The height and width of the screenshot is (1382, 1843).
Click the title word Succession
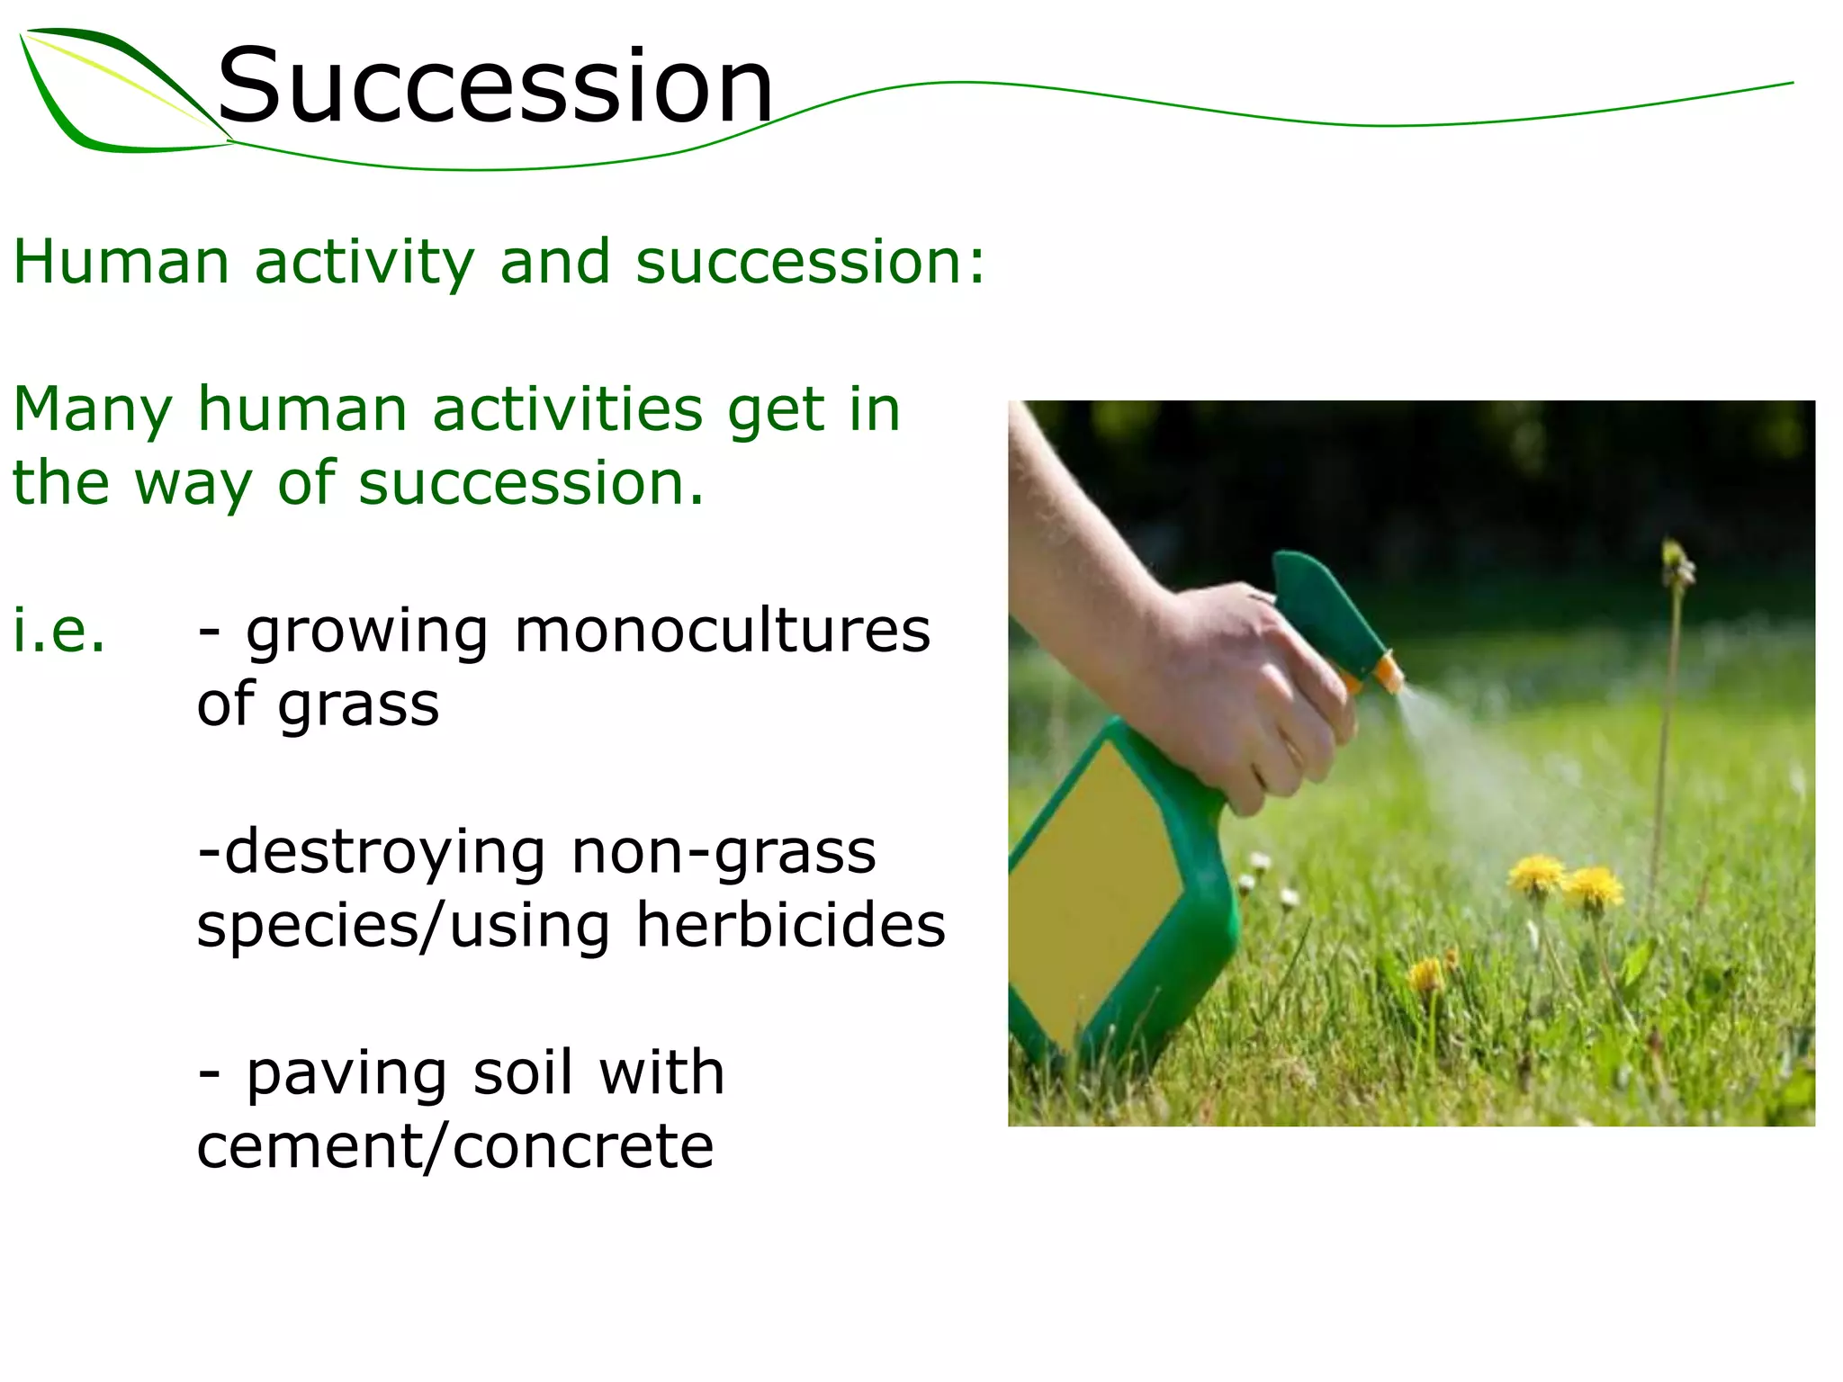click(x=495, y=86)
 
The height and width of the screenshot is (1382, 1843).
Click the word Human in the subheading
click(x=121, y=262)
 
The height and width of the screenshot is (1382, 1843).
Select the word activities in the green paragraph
click(x=567, y=409)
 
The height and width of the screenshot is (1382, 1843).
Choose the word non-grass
click(x=724, y=853)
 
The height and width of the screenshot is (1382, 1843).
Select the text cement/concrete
click(x=455, y=1146)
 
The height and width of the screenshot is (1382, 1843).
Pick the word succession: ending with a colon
click(x=810, y=262)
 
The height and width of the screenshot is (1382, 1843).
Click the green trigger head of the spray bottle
click(x=1323, y=603)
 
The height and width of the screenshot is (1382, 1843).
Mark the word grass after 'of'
click(x=358, y=705)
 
